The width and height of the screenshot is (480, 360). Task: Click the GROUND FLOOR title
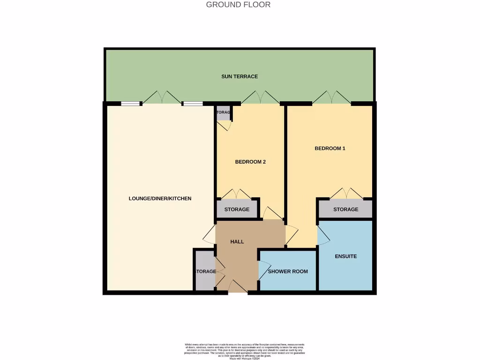tap(238, 5)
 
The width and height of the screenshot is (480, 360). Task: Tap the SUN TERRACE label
tap(240, 76)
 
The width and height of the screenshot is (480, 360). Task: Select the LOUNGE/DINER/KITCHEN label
tap(160, 198)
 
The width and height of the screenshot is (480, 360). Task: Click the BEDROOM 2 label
tap(250, 162)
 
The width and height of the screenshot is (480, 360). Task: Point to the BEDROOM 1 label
tap(330, 148)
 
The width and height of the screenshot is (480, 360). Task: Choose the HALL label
tap(237, 241)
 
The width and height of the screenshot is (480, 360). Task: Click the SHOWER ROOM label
tap(288, 271)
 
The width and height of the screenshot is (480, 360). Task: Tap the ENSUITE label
tap(345, 256)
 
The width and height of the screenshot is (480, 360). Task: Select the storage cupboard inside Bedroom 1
tap(345, 210)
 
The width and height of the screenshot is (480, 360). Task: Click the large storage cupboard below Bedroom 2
tap(237, 210)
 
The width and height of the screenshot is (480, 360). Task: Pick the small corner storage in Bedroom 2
tap(224, 113)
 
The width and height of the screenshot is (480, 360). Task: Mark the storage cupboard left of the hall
tap(205, 271)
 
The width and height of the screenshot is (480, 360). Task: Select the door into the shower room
tap(263, 270)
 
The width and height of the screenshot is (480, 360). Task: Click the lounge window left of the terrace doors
tap(130, 104)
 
